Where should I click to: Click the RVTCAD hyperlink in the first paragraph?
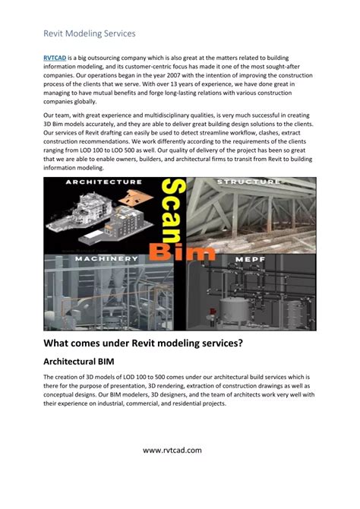pyautogui.click(x=55, y=57)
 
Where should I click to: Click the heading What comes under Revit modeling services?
pyautogui.click(x=144, y=343)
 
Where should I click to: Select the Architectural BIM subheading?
pyautogui.click(x=84, y=362)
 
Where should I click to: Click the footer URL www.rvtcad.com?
pyautogui.click(x=179, y=451)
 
